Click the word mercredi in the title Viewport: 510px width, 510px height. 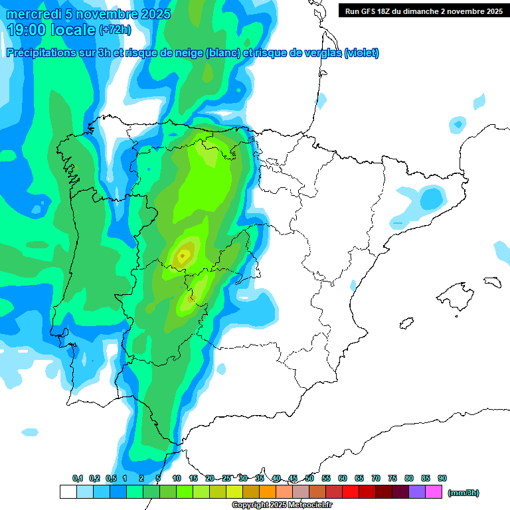click(x=35, y=14)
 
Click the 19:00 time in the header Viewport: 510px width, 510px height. click(x=29, y=29)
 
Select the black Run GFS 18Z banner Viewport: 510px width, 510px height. click(x=423, y=11)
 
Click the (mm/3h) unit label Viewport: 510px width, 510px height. click(x=464, y=493)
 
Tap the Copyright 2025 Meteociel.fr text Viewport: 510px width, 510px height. click(x=282, y=505)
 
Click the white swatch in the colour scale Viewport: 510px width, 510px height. click(x=68, y=492)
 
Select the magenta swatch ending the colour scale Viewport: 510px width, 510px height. click(x=434, y=492)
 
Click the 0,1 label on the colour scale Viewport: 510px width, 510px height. click(x=78, y=478)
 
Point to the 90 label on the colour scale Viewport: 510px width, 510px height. click(x=442, y=478)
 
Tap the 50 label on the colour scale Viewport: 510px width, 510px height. click(x=309, y=478)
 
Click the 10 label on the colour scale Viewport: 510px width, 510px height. click(x=177, y=478)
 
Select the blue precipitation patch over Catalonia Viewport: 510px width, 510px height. click(x=431, y=197)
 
